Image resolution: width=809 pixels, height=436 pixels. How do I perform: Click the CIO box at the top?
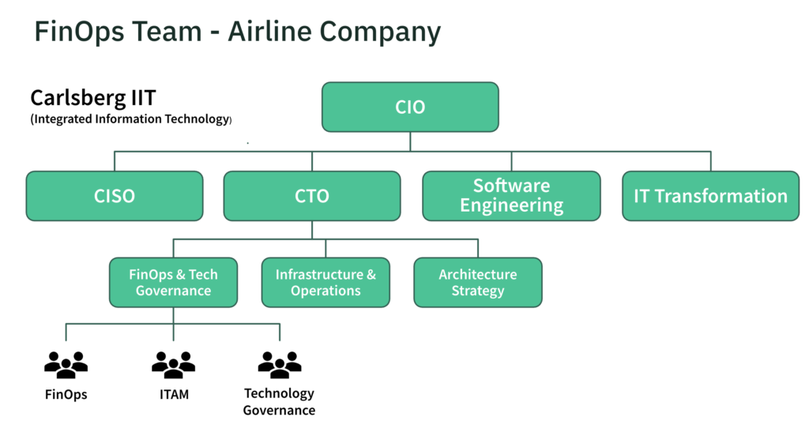coord(410,107)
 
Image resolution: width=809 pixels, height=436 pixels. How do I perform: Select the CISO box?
coord(115,196)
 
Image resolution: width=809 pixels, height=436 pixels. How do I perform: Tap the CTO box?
coord(312,196)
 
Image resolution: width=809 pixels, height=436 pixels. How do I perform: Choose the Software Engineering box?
coord(511,196)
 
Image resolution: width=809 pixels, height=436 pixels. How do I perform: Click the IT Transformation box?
coord(710,196)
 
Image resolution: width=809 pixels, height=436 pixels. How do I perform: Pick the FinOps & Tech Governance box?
coord(173,283)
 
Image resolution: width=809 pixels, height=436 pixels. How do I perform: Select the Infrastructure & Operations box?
coord(325,283)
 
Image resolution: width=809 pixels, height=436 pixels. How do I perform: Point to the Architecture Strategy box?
coord(478,283)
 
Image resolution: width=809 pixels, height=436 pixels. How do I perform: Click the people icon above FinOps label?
coord(66,364)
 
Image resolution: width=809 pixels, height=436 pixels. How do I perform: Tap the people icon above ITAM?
coord(173,364)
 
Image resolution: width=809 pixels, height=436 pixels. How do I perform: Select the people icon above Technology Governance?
coord(280,364)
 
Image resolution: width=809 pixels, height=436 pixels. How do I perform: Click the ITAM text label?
coord(173,394)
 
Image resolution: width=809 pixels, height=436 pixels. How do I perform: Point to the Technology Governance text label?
coord(279,401)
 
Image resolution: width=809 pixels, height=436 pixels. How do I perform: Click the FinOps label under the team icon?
coord(66,394)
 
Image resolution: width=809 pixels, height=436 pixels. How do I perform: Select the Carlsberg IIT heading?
coord(93,98)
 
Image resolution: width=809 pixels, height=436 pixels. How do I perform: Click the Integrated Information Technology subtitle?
coord(131,119)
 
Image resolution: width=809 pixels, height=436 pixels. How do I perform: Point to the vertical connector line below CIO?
coord(410,141)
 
